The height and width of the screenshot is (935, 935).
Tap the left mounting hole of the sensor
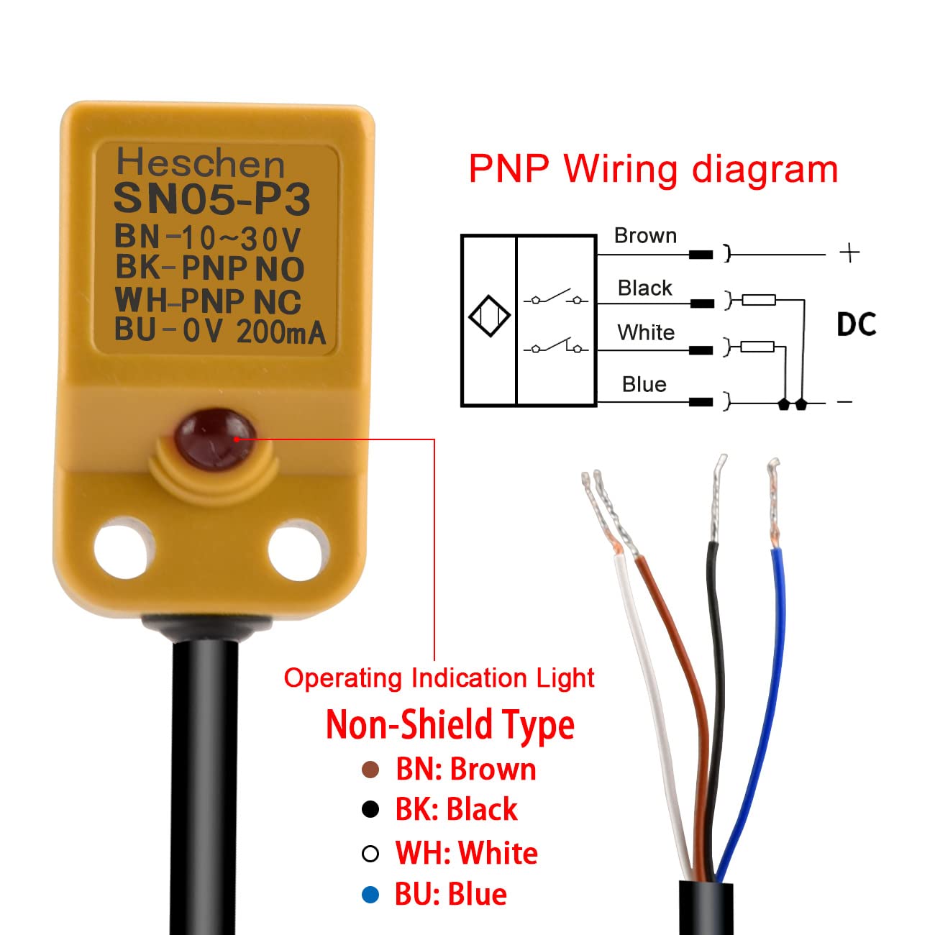(124, 549)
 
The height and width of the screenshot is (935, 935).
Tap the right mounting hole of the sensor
(297, 551)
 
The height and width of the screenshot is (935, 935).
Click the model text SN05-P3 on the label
(212, 199)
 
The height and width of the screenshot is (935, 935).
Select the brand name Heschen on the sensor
(201, 163)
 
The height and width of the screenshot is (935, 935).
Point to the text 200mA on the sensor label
(281, 332)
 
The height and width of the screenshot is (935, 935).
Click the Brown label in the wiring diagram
(645, 236)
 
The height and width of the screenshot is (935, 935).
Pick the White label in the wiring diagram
(646, 332)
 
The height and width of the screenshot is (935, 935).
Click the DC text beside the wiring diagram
(856, 325)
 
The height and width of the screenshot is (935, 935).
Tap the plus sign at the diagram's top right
(849, 252)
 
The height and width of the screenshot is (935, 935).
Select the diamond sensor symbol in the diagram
(489, 316)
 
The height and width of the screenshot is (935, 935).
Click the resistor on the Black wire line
(759, 299)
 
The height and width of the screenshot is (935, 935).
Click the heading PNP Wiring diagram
(653, 170)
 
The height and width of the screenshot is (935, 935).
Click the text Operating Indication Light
(439, 678)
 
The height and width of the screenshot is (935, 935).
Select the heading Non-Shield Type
(450, 724)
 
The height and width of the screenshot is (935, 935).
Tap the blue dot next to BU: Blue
(370, 895)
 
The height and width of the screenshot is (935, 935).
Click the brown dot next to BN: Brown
(370, 770)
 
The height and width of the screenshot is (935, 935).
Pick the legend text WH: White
(466, 853)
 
